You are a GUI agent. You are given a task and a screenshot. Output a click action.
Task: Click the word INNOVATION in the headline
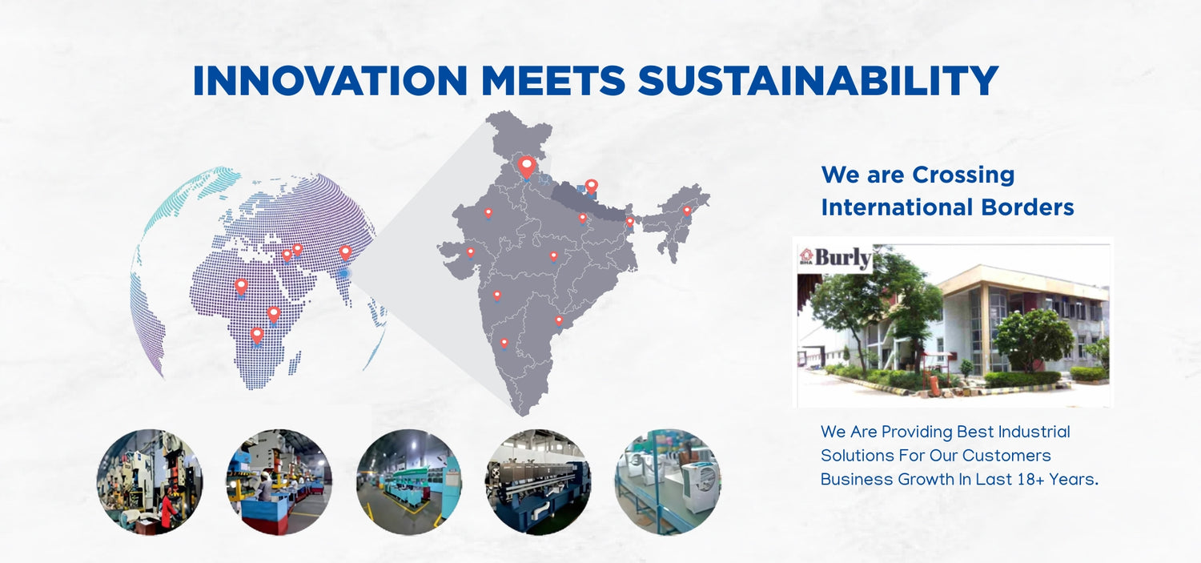click(x=330, y=80)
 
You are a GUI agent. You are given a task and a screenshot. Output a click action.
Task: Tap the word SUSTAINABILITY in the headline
click(x=818, y=80)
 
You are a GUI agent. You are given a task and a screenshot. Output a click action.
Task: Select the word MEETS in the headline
click(x=553, y=80)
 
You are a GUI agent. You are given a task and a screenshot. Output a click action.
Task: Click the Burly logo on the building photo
click(x=835, y=258)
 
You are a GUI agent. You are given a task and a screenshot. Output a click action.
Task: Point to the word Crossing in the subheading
click(x=963, y=175)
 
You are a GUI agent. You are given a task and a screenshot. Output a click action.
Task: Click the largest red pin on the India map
click(x=527, y=167)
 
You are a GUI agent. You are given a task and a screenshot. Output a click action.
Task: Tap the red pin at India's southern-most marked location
click(x=504, y=342)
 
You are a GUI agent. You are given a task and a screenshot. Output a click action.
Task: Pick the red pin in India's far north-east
click(x=687, y=211)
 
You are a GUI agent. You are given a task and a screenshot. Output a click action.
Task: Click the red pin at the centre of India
click(x=554, y=257)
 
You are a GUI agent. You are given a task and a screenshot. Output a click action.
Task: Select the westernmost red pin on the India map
click(x=470, y=251)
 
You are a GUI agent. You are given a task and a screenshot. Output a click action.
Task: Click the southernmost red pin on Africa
click(x=257, y=336)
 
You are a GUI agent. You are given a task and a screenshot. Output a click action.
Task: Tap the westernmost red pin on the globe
click(x=241, y=287)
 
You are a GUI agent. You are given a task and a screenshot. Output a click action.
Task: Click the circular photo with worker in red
click(x=151, y=481)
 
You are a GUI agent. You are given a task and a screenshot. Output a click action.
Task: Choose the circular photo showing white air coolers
click(x=668, y=481)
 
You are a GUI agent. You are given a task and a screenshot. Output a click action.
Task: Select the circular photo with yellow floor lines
click(x=408, y=481)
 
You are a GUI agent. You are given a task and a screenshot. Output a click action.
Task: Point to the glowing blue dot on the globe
click(x=343, y=274)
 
